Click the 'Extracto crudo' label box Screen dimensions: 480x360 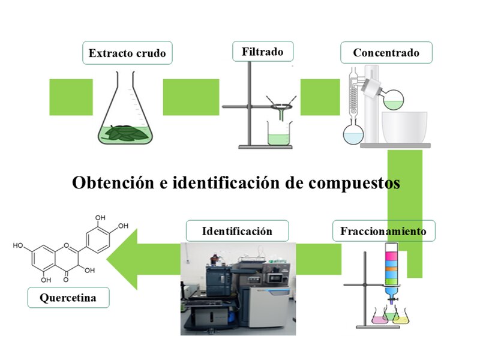coord(127,53)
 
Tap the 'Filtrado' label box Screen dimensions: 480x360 coord(263,52)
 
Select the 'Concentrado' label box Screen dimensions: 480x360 coord(386,53)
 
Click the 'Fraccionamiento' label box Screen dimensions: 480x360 coord(383,231)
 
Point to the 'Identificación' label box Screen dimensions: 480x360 coord(237,231)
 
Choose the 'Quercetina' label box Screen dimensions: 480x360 coord(68,298)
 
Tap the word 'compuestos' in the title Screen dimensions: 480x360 coord(354,183)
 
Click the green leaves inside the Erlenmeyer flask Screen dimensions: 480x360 coord(124,133)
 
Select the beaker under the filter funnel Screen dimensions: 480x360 coord(278,133)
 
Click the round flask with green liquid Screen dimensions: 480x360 coord(394,100)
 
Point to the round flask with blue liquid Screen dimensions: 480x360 coord(353,134)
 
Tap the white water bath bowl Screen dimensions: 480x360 coord(404,127)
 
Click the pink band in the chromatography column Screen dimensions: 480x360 coord(392,255)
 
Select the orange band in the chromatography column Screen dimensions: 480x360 coord(392,269)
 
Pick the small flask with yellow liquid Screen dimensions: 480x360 coord(401,318)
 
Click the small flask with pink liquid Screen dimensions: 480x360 coord(380,317)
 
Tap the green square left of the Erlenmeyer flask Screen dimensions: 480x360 coord(71,97)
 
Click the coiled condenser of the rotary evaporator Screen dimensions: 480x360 coord(354,97)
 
